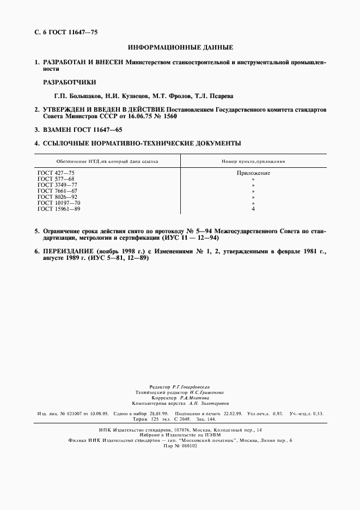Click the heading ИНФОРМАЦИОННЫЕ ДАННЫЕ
point(180,48)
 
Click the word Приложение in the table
point(253,173)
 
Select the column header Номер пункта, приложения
point(253,161)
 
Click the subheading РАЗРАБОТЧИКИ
point(69,82)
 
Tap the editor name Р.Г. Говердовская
point(194,385)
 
